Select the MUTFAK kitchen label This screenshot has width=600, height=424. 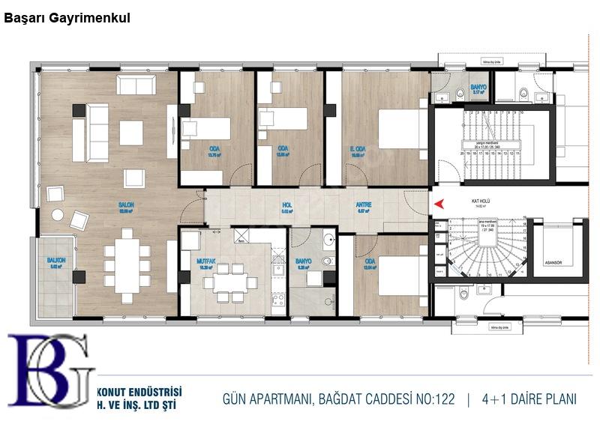(x=207, y=263)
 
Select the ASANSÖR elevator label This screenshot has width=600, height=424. (x=553, y=263)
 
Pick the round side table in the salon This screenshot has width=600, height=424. (x=58, y=214)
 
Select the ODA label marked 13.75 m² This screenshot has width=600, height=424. (x=214, y=148)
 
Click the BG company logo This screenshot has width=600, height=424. (x=51, y=372)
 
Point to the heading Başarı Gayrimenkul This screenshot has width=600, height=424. (x=67, y=18)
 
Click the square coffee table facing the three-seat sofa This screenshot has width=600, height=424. (x=131, y=133)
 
